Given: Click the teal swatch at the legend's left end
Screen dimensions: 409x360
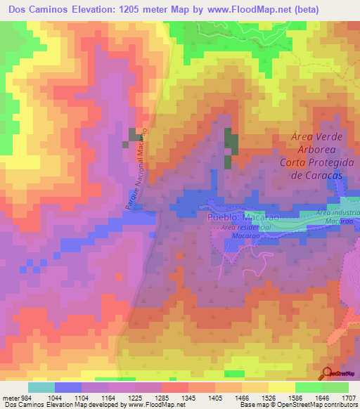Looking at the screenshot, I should pyautogui.click(x=41, y=387).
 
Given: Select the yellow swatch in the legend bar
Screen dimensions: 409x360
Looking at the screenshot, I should pyautogui.click(x=281, y=387).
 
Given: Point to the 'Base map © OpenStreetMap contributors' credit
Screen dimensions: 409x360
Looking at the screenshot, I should pyautogui.click(x=298, y=405).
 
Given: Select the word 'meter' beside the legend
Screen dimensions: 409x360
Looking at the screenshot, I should pyautogui.click(x=11, y=398).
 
